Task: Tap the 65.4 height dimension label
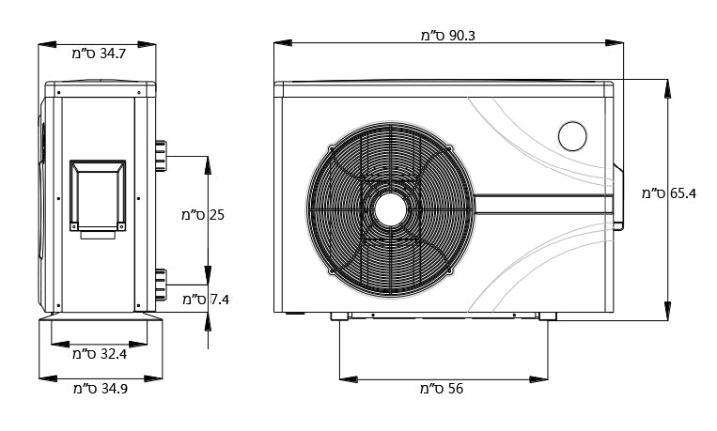coord(669,194)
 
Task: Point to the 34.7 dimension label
coord(99,54)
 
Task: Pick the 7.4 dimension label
coord(206,300)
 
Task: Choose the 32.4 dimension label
coord(100,355)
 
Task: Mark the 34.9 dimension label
coord(100,389)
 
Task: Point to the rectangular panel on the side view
coord(96,195)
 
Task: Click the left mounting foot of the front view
coord(337,318)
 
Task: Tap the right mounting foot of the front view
coord(547,318)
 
